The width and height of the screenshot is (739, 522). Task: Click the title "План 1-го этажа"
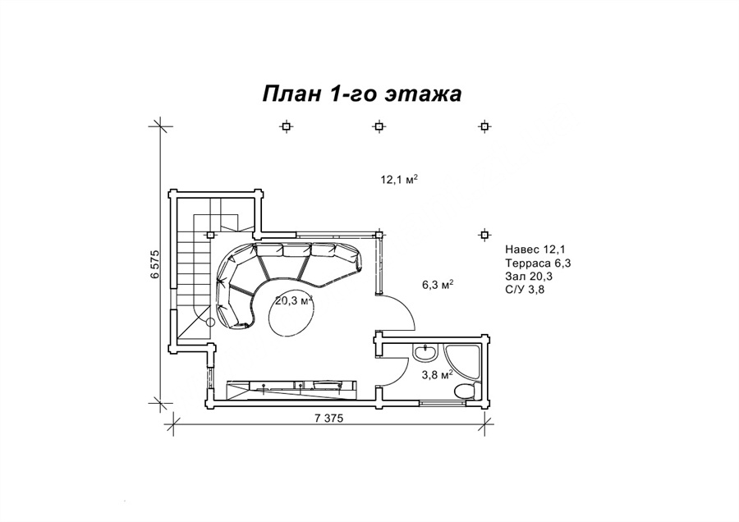(361, 94)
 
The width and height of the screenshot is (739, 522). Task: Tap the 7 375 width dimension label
(327, 418)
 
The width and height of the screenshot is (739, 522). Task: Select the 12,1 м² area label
(400, 179)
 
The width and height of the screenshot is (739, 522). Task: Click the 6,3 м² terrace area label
(438, 285)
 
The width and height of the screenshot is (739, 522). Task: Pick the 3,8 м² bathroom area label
(438, 374)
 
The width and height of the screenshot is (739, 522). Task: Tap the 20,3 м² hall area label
(294, 300)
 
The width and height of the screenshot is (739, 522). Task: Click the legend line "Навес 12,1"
(535, 250)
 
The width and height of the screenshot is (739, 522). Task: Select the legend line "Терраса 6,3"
(538, 263)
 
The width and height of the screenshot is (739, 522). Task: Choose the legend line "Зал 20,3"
(529, 276)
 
